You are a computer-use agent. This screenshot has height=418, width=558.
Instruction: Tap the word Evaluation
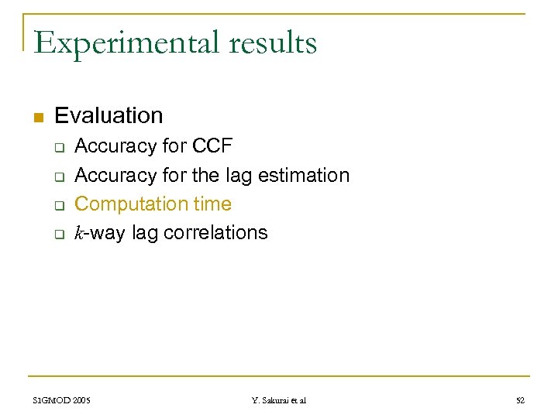click(108, 116)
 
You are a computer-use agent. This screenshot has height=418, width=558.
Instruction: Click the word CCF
click(212, 146)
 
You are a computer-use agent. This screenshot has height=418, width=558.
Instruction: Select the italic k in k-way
click(79, 233)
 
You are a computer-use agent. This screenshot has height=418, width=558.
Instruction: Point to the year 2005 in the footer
click(81, 400)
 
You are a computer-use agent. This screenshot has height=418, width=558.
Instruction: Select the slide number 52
click(520, 400)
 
